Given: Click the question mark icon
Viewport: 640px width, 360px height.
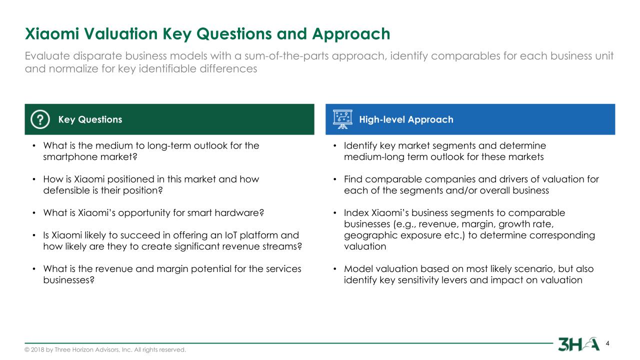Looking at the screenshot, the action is (40, 119).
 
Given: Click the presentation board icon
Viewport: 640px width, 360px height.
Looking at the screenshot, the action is (342, 119).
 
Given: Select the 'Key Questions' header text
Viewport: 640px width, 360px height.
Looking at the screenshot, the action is (90, 119).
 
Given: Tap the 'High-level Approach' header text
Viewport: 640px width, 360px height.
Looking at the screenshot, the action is (406, 119).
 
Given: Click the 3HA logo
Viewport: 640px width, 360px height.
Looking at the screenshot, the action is (578, 344).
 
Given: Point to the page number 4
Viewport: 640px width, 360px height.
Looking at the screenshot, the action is (607, 343).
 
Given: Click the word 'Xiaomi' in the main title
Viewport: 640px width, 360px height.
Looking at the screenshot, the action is (51, 33).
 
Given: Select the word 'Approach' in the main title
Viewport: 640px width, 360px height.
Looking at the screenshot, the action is (351, 34).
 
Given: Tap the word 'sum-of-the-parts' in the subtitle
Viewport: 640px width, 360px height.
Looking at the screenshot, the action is (287, 56).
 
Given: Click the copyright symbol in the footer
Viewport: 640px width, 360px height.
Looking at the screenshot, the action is (27, 349).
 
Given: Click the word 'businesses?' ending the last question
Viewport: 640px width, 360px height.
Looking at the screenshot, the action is (69, 280).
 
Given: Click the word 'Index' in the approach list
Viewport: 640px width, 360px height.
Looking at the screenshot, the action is (356, 213).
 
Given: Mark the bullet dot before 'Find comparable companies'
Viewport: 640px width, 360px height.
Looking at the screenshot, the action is (335, 179).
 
